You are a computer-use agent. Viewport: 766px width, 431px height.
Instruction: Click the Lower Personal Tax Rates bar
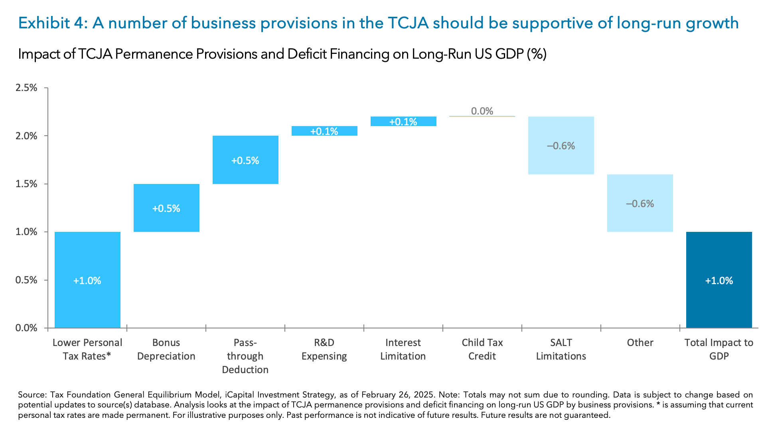[87, 279]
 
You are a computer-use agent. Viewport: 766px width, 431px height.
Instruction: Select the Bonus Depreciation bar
[166, 208]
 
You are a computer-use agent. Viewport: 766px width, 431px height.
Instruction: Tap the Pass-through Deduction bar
[245, 160]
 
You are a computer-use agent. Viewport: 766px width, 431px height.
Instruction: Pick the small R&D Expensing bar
[324, 131]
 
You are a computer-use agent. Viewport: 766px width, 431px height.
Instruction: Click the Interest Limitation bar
[403, 121]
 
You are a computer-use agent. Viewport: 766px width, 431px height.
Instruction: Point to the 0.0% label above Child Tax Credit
[482, 111]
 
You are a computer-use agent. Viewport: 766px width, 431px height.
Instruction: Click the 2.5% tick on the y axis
[26, 88]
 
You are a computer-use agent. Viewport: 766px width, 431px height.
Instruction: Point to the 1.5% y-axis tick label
[26, 184]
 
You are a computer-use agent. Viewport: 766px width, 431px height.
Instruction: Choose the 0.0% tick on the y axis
[26, 328]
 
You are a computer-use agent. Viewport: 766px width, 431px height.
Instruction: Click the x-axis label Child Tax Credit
[482, 349]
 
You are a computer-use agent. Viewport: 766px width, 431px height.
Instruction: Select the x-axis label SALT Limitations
[561, 349]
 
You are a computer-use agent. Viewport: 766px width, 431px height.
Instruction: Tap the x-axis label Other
[640, 342]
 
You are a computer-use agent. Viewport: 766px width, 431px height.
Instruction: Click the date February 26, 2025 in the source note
[397, 395]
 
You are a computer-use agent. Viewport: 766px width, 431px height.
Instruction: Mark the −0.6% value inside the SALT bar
[561, 146]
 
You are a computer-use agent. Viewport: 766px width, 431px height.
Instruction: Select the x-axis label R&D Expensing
[324, 349]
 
